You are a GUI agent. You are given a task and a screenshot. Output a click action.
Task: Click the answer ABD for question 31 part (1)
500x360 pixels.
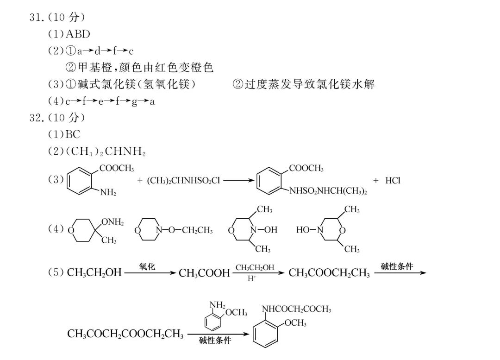coord(78,34)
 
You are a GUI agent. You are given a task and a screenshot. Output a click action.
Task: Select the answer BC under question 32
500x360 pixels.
coord(73,134)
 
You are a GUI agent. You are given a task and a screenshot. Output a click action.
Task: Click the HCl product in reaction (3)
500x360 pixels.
coord(393,181)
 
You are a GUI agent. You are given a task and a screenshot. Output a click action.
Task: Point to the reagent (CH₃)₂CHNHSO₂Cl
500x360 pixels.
coord(183,181)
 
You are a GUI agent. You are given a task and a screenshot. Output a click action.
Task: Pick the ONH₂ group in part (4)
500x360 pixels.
coord(112,222)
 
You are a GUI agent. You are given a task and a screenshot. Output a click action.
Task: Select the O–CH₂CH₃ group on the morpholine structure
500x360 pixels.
coord(190,230)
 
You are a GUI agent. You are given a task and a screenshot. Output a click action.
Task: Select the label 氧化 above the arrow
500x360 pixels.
coord(147,266)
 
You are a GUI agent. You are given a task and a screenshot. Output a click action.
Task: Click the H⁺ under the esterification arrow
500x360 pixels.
coord(251,279)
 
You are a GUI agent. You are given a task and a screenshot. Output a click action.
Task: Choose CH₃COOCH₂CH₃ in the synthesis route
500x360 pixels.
coord(329,273)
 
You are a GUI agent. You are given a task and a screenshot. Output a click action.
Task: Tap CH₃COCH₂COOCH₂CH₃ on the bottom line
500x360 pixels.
coord(125,334)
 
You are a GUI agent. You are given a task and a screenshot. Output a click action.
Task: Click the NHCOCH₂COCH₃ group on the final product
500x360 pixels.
coord(296,309)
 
